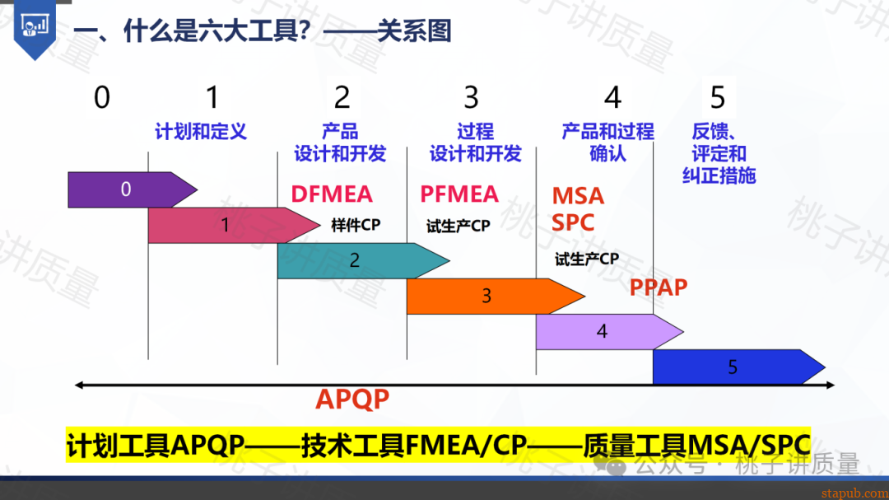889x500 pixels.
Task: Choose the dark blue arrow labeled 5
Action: (x=732, y=367)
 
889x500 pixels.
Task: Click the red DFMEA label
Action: (x=332, y=194)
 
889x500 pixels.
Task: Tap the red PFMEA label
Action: (x=459, y=194)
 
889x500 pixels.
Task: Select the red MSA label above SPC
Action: (x=578, y=196)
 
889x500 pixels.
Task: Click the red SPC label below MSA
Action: (x=573, y=222)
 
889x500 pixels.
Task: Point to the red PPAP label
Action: (x=659, y=287)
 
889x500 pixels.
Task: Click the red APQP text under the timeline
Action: (x=352, y=400)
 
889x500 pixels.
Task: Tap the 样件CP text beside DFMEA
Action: (x=356, y=225)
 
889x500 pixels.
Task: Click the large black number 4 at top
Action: (x=612, y=98)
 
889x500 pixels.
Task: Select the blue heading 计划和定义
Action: (x=201, y=132)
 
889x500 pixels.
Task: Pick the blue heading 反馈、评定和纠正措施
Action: (x=719, y=153)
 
